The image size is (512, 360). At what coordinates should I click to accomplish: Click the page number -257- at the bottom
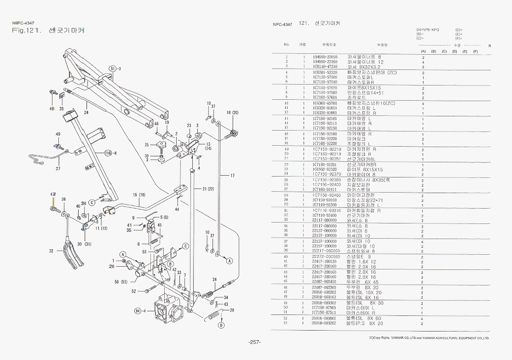click(254, 343)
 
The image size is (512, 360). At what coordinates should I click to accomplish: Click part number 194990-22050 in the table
click(325, 57)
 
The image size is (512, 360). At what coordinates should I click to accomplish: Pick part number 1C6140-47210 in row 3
click(325, 67)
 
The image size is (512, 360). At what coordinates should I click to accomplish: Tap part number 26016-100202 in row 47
click(324, 292)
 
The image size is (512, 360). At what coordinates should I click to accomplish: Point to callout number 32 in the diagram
click(52, 251)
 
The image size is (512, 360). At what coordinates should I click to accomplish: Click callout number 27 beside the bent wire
click(58, 169)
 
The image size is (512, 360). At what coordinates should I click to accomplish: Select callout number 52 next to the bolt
click(134, 291)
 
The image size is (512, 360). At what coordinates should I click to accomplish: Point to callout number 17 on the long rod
click(232, 176)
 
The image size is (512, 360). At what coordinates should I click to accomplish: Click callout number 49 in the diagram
click(58, 134)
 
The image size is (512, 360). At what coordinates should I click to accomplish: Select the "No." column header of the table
click(286, 45)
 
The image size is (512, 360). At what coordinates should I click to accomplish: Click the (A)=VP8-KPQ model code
click(427, 29)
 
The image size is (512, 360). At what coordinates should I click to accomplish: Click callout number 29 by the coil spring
click(231, 311)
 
